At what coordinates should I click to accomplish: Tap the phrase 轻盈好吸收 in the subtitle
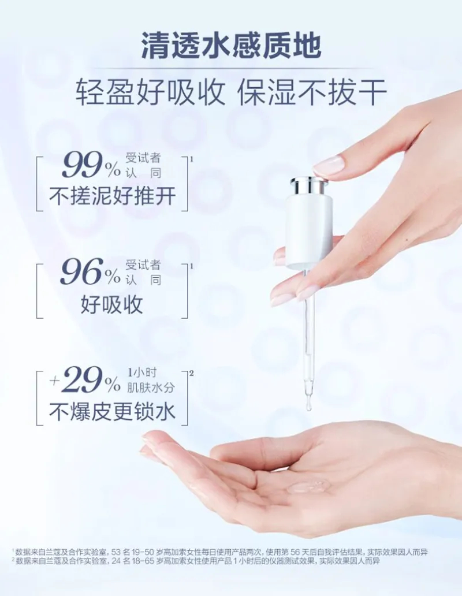151,92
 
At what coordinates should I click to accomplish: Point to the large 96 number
83,272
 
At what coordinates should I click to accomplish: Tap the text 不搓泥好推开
113,196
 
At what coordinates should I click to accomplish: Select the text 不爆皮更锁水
113,411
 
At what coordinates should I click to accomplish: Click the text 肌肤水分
150,387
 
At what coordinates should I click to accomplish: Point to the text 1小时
141,372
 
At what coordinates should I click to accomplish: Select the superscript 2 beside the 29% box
192,373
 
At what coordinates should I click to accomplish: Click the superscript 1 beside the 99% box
192,159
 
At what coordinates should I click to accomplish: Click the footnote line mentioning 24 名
196,561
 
